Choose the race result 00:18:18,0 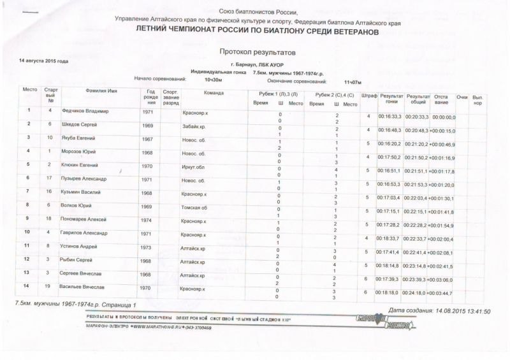point(390,292)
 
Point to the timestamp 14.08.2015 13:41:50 point(461,312)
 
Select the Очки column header point(462,96)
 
